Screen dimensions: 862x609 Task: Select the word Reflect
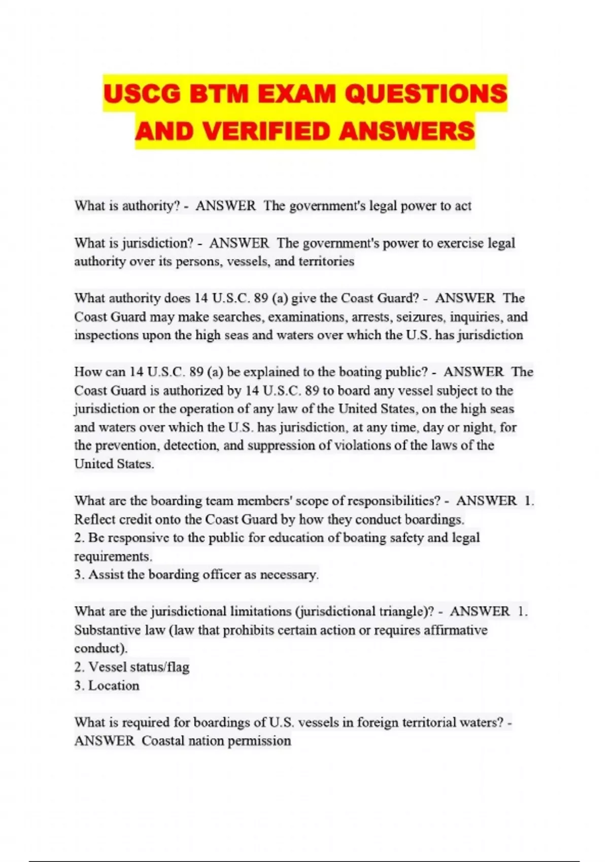(x=94, y=519)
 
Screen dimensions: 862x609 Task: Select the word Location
(x=114, y=686)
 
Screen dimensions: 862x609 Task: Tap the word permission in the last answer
(x=259, y=741)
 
